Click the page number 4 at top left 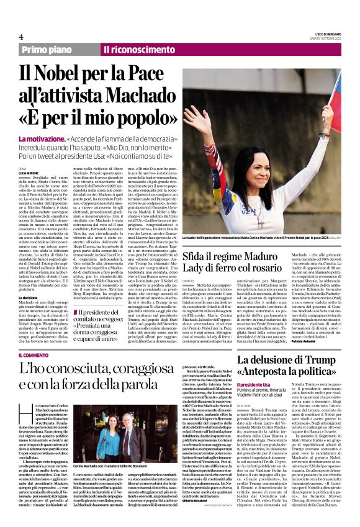click(x=20, y=37)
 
